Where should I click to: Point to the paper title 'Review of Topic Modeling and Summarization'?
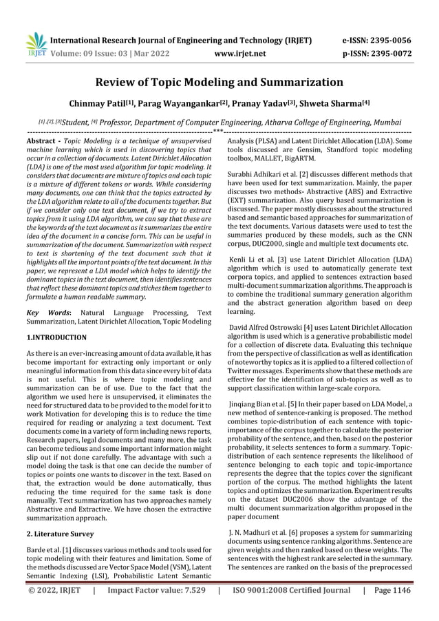click(219, 83)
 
